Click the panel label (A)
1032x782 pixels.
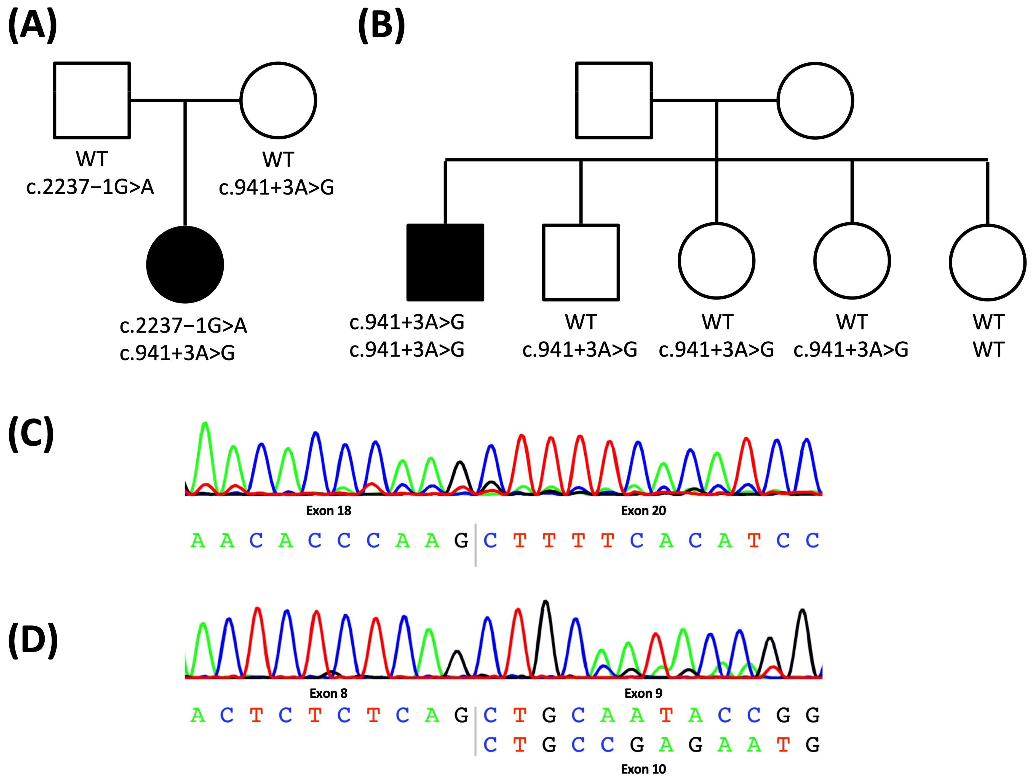coord(33,26)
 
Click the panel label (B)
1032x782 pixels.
coord(381,26)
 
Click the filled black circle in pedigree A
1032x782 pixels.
coord(185,265)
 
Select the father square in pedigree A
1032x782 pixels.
coord(92,100)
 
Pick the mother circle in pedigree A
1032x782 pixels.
coord(279,100)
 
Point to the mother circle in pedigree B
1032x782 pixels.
coord(815,100)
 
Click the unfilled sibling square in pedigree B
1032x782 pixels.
coord(581,262)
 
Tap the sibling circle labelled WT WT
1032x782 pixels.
coord(988,262)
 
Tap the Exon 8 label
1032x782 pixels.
coord(329,693)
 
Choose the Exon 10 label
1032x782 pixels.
coord(643,769)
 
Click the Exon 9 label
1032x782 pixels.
coord(643,693)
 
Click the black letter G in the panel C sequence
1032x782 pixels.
coord(461,541)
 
